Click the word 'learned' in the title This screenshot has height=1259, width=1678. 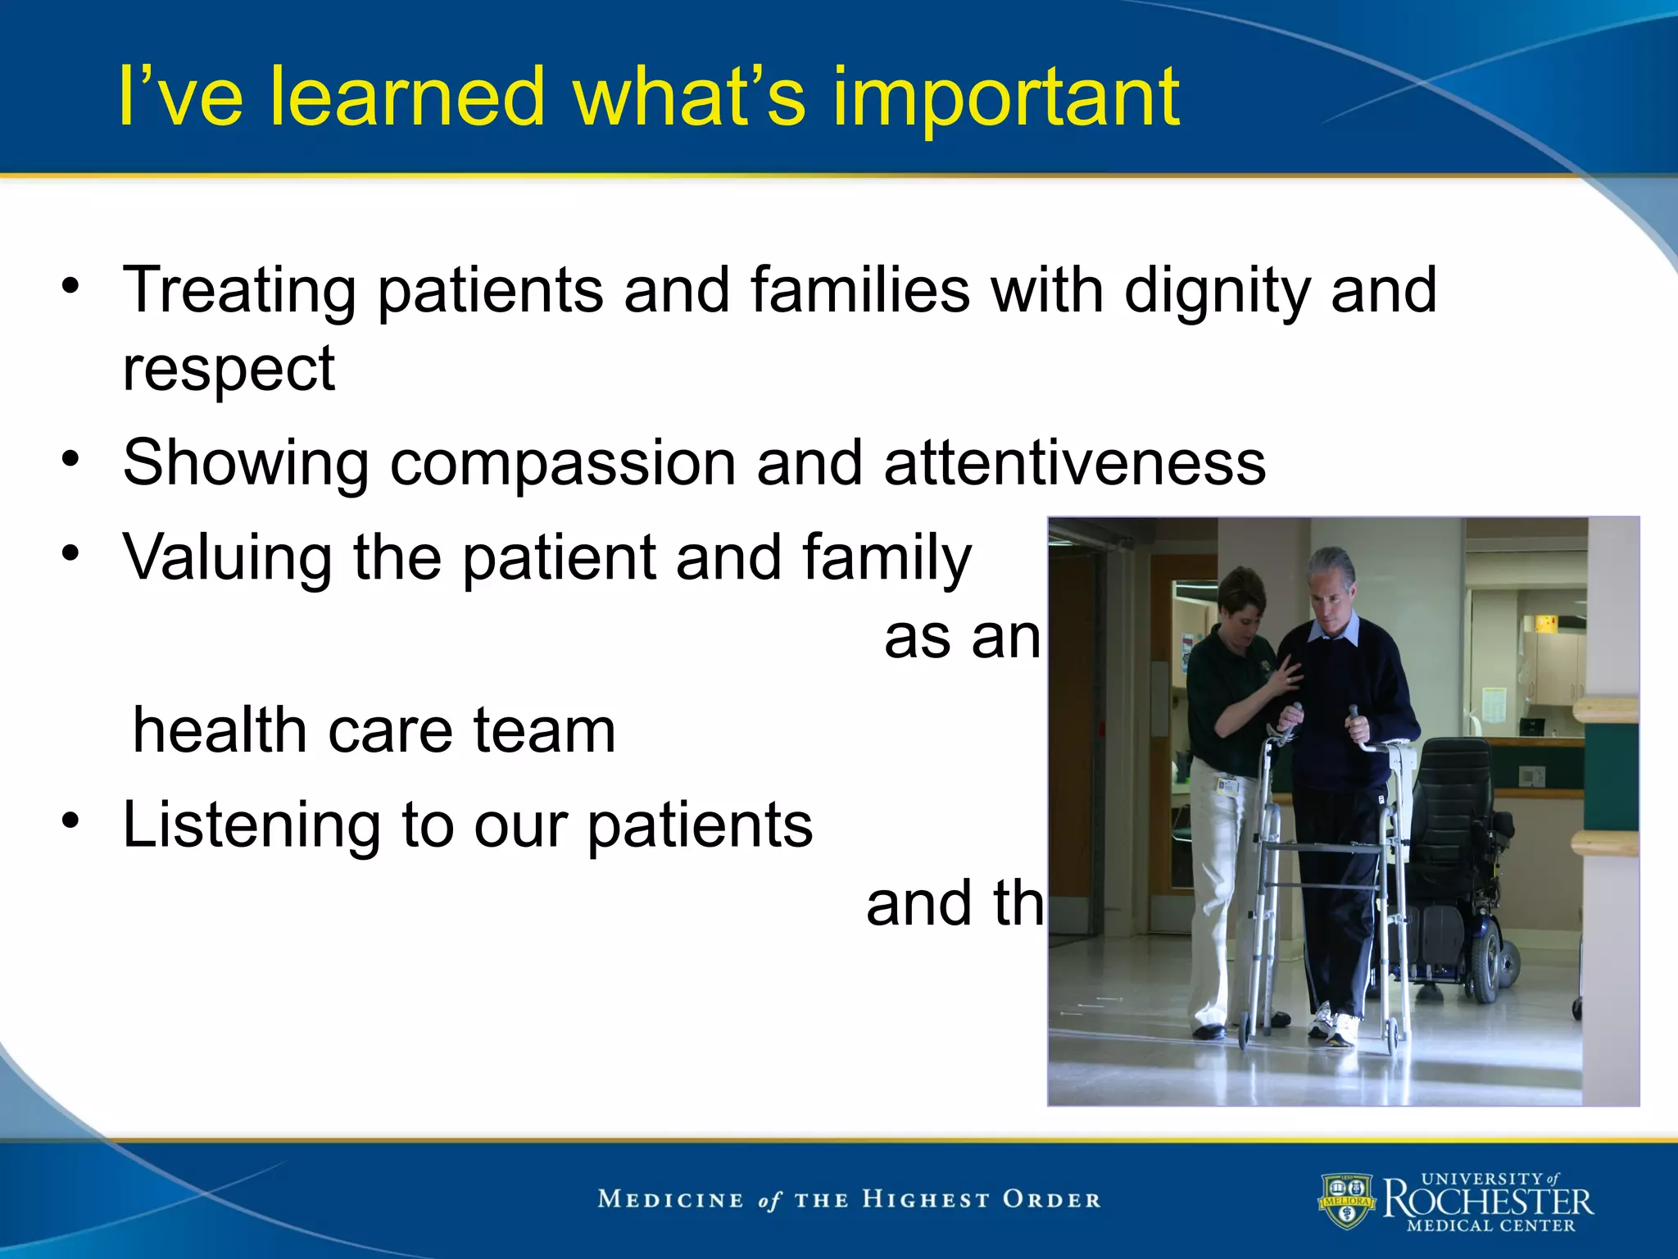click(407, 97)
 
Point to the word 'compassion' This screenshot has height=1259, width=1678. click(563, 463)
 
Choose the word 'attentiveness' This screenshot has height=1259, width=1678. click(1074, 463)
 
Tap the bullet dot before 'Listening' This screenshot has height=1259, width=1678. click(71, 820)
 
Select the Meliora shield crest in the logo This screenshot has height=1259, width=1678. click(1346, 1202)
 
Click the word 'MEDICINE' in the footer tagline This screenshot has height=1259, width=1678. click(670, 1200)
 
